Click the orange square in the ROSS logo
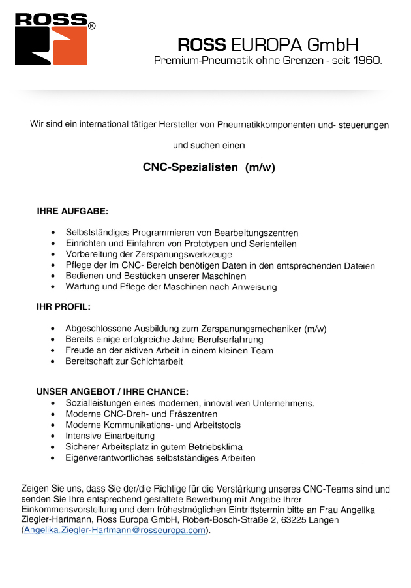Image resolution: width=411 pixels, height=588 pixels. (72, 49)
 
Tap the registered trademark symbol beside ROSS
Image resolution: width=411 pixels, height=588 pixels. (92, 26)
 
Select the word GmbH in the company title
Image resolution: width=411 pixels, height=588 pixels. (333, 45)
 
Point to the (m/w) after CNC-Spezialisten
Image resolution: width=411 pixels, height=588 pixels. (260, 167)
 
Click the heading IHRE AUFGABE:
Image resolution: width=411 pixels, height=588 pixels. (72, 212)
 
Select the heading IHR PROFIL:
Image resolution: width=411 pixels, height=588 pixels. (64, 306)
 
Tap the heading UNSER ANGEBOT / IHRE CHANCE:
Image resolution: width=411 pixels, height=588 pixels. (112, 392)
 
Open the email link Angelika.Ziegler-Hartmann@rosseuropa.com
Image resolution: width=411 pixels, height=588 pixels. (115, 531)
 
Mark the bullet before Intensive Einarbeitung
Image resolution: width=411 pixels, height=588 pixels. (52, 436)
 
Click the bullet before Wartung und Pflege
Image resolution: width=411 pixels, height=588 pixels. (52, 287)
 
